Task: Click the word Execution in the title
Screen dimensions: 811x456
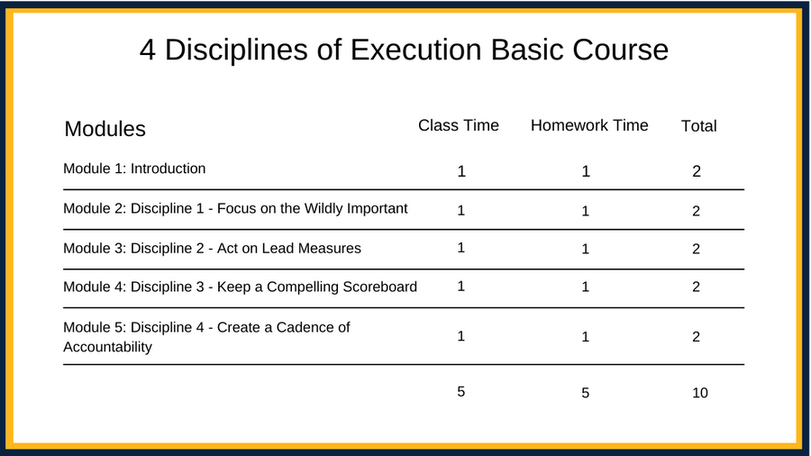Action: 415,50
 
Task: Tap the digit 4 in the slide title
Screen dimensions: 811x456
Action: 148,50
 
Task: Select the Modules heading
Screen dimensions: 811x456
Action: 105,129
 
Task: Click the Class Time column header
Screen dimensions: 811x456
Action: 459,125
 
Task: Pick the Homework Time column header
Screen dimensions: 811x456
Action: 589,125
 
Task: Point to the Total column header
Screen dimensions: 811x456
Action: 698,125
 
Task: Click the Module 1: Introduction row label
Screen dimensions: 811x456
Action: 134,169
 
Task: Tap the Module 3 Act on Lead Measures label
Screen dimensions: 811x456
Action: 212,248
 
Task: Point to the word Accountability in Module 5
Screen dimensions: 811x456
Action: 107,347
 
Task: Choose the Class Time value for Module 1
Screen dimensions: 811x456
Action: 461,171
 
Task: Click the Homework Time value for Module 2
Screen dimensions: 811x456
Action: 585,211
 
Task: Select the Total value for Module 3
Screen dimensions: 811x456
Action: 697,249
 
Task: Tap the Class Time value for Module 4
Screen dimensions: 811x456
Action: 460,287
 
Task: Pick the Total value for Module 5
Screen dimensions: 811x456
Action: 697,336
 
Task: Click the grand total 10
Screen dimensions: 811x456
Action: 700,393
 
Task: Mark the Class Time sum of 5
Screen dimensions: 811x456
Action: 460,392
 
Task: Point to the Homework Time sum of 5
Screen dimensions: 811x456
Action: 585,393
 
